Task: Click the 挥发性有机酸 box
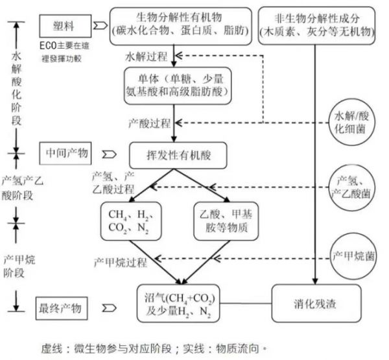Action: [179, 155]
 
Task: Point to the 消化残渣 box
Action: [314, 303]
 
